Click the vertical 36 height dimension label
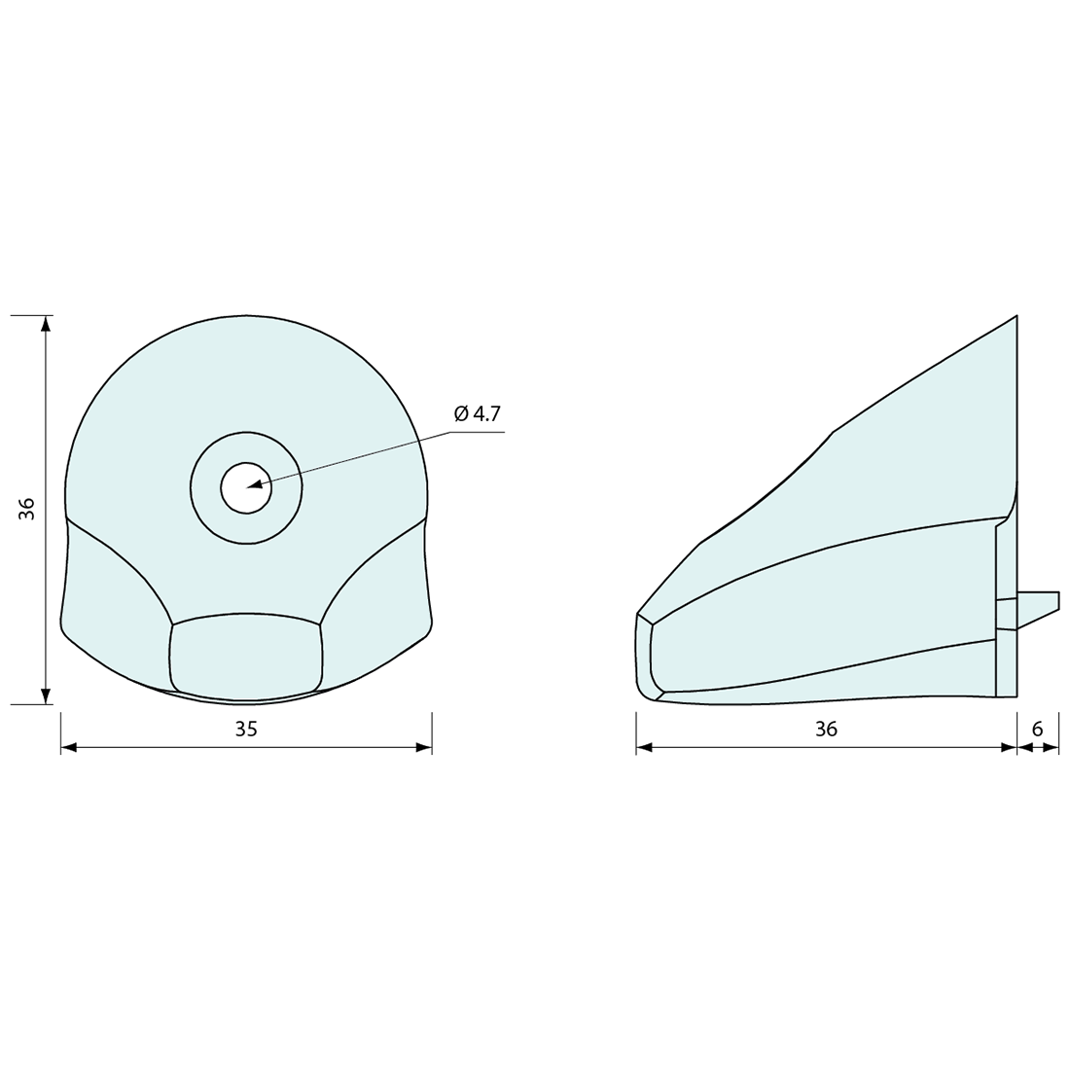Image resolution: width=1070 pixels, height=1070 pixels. click(27, 509)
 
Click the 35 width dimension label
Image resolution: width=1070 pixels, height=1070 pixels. click(246, 729)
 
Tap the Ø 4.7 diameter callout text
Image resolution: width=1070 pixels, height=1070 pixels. click(477, 413)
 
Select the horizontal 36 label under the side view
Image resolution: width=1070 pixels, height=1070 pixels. click(826, 729)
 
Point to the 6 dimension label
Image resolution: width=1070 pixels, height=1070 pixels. click(1037, 729)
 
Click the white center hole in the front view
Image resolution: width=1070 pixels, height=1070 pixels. click(246, 487)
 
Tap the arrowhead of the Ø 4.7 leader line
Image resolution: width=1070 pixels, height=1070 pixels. click(255, 483)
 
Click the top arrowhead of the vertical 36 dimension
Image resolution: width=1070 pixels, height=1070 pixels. click(46, 324)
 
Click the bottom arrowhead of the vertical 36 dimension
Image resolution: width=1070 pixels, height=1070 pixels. click(46, 695)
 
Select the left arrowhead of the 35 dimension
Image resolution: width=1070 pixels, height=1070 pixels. click(69, 747)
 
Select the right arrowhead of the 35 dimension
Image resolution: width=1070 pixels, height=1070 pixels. click(423, 747)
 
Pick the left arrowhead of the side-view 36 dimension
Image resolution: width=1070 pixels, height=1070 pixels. click(645, 747)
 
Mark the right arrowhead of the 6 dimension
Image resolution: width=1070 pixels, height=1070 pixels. click(1052, 747)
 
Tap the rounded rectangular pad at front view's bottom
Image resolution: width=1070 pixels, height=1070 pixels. click(246, 657)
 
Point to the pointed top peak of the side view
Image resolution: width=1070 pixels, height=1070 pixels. click(1016, 317)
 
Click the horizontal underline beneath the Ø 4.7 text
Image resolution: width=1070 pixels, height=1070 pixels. click(477, 432)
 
